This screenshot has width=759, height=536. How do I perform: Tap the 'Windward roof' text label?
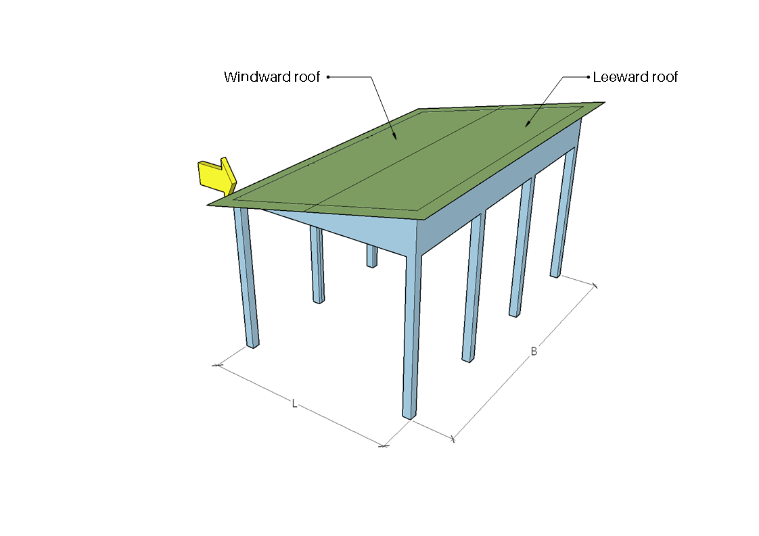click(x=271, y=77)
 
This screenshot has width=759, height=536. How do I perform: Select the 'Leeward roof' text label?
click(x=635, y=77)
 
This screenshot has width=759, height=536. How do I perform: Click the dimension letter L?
click(x=294, y=404)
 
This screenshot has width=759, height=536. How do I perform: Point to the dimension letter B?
click(x=534, y=351)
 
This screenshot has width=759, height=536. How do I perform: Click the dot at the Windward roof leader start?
click(x=328, y=77)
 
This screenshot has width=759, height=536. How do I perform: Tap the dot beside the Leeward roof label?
click(x=588, y=77)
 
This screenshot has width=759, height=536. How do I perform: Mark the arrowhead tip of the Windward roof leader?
click(x=396, y=140)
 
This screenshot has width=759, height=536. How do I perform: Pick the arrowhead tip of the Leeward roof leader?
click(x=525, y=127)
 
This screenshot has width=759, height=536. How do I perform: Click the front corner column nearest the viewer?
click(x=411, y=336)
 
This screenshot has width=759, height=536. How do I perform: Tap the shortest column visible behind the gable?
click(x=372, y=256)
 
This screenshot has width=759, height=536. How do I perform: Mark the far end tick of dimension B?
click(x=595, y=285)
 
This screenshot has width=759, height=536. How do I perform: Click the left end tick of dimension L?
click(x=216, y=365)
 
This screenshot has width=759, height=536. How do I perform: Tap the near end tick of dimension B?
click(x=453, y=439)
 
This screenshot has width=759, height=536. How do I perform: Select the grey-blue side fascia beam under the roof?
click(x=499, y=189)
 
